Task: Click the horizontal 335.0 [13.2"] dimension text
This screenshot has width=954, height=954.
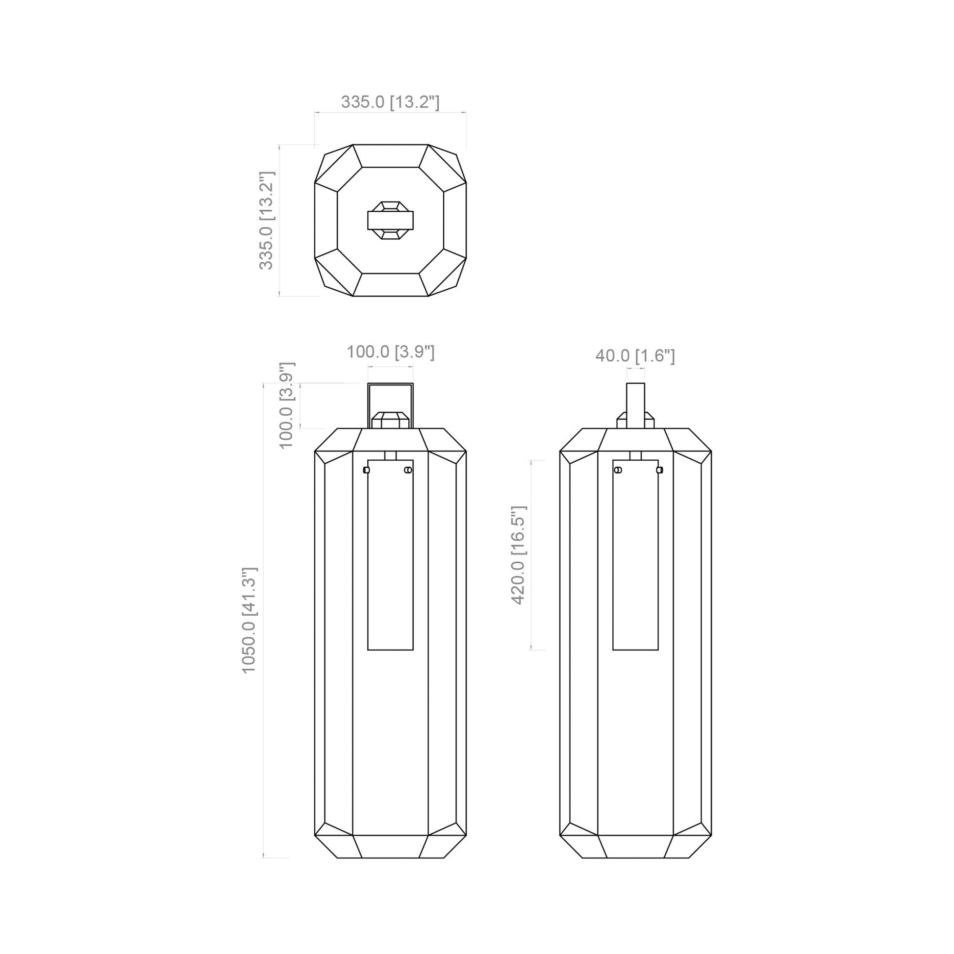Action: (x=390, y=102)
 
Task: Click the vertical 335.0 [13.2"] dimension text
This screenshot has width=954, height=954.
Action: (x=266, y=221)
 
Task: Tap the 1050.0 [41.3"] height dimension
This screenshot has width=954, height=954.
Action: (x=249, y=620)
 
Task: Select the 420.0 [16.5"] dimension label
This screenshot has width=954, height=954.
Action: (x=519, y=555)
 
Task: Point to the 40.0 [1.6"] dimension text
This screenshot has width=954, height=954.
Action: (x=635, y=355)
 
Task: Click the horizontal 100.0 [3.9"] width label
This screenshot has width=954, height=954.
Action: (x=390, y=352)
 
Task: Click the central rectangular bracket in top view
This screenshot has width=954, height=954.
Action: (x=390, y=220)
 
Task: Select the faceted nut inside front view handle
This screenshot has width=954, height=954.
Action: (x=390, y=421)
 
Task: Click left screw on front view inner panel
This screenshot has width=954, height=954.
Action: (x=366, y=470)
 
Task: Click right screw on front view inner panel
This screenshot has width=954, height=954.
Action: (x=408, y=470)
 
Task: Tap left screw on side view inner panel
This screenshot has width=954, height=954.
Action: (x=618, y=470)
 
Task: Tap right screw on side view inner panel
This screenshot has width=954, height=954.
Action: (x=659, y=470)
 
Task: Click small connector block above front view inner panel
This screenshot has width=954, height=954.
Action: (x=390, y=455)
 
